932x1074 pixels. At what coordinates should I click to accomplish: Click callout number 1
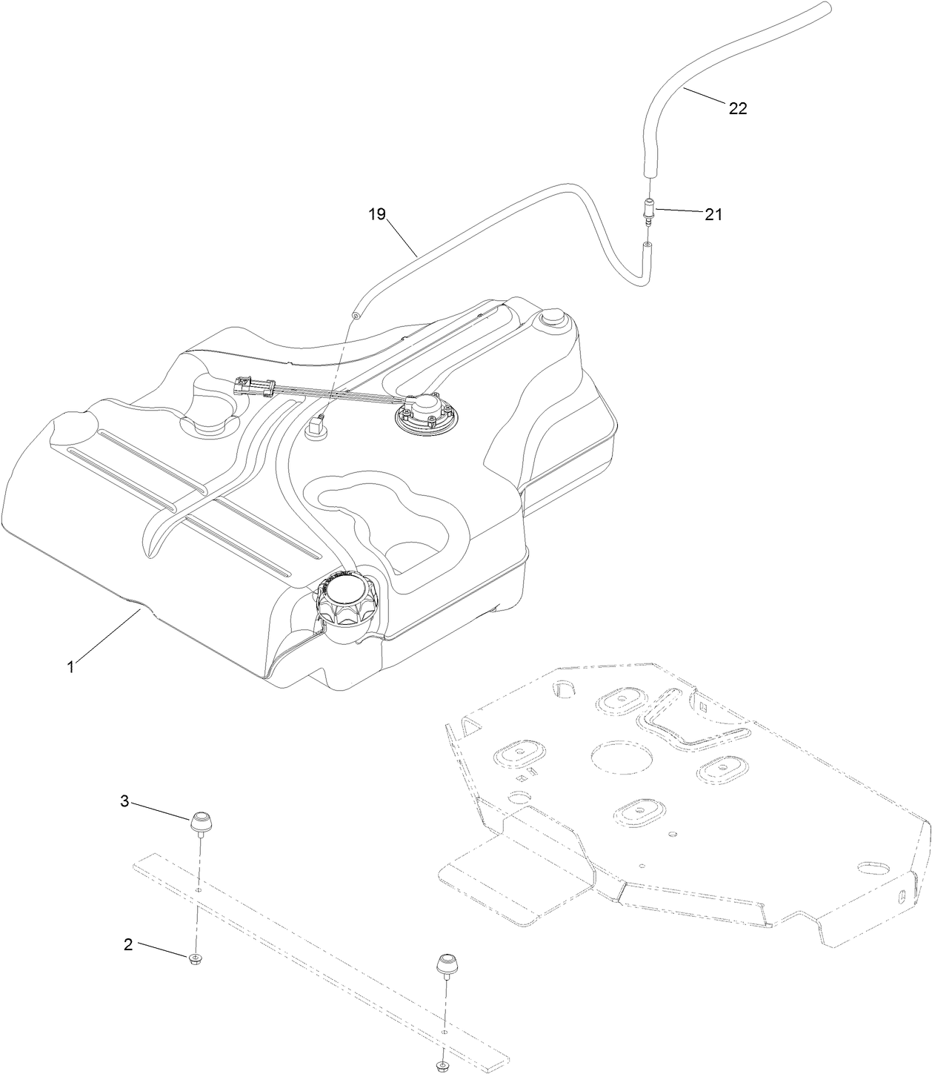coord(70,667)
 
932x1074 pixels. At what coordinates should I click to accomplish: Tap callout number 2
coord(128,945)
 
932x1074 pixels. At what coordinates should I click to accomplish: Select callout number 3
coord(124,800)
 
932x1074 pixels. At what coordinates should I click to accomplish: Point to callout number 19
coord(377,215)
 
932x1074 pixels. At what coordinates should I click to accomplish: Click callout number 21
coord(713,215)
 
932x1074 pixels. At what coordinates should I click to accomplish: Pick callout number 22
coord(738,108)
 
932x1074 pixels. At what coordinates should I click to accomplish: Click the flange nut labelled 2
coord(195,959)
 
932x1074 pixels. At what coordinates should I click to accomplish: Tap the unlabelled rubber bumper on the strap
coord(447,964)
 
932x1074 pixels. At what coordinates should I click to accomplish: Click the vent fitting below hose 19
coord(316,427)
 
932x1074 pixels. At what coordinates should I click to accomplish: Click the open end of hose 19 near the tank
coord(356,314)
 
